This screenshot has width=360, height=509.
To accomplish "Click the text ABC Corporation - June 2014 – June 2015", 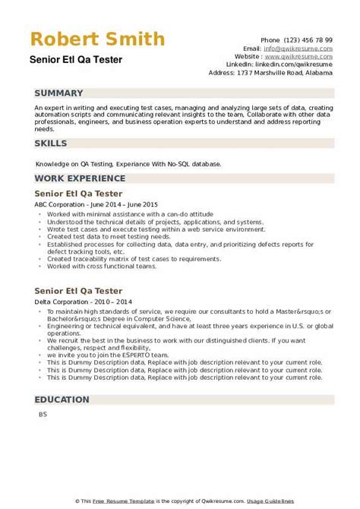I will (x=95, y=204).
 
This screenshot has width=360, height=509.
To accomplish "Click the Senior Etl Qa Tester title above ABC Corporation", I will (x=79, y=193).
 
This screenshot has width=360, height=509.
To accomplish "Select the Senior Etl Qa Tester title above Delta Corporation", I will (x=79, y=269).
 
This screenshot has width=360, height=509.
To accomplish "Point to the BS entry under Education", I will (x=41, y=414).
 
